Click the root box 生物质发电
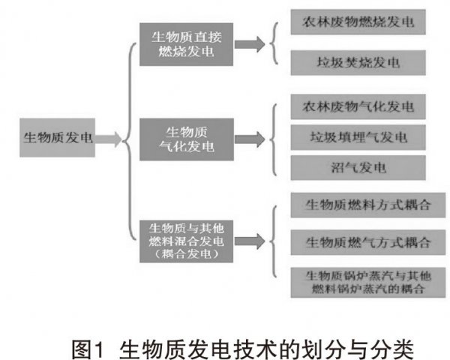coord(58,137)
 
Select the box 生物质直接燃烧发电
coord(186,44)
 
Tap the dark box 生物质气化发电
coord(187,139)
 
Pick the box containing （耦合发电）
coord(186,241)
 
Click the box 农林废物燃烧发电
coord(358,22)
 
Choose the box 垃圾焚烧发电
coord(358,63)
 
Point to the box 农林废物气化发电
coord(358,106)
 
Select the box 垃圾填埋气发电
coord(358,137)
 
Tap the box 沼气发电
coord(358,168)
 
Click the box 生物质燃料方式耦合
coord(368,205)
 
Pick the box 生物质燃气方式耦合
coord(368,242)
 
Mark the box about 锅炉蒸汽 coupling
coord(368,283)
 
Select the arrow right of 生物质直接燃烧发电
coord(250,44)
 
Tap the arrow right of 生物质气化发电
coord(250,139)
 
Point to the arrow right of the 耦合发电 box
coord(250,241)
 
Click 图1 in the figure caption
coord(87,349)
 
